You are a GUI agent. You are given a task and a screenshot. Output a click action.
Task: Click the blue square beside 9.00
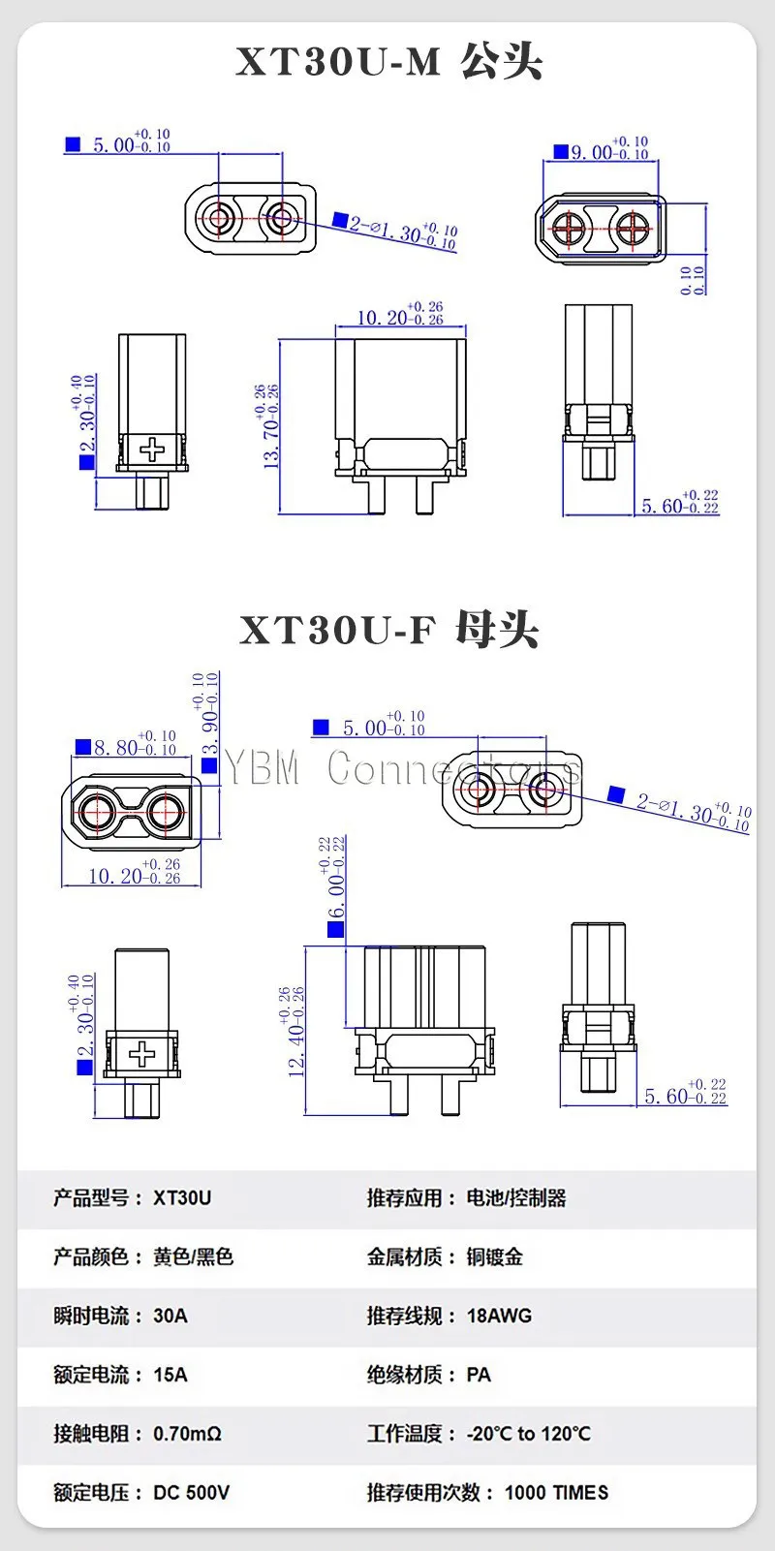click(560, 151)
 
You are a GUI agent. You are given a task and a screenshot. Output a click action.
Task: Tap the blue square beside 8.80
click(83, 746)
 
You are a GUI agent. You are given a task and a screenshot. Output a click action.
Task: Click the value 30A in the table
click(170, 1316)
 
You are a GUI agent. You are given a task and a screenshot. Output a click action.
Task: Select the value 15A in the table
click(170, 1375)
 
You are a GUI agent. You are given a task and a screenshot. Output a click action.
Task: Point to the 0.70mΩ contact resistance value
click(187, 1434)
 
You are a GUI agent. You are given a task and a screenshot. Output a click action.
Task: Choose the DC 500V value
click(191, 1493)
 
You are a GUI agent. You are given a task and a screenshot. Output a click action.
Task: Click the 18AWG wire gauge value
click(499, 1316)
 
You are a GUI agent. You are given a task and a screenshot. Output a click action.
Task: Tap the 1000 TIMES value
click(556, 1493)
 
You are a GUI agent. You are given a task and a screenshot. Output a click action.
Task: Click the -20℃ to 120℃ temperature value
click(528, 1434)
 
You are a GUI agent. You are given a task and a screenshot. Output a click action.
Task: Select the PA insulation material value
click(479, 1375)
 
